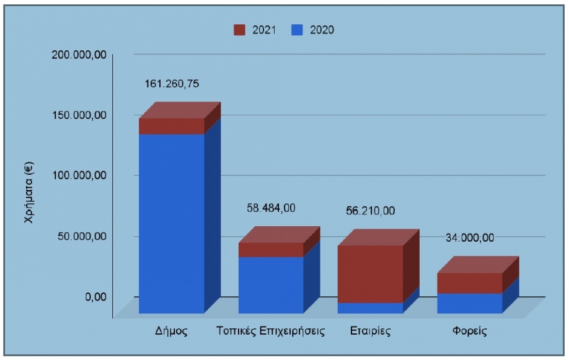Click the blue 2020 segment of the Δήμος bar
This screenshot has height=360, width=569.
coord(171,223)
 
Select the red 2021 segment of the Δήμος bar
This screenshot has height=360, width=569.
coord(171,126)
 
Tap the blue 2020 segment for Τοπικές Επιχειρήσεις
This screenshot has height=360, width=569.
coord(270,284)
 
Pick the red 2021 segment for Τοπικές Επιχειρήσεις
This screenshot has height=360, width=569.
coord(270,249)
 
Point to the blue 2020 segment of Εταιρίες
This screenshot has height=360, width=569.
coord(370,307)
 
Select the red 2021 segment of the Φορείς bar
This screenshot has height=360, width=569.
coord(469,283)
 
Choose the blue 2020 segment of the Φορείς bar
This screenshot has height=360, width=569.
coord(469,303)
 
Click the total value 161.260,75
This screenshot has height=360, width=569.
coord(172,84)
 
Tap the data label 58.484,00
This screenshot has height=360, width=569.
coord(271,208)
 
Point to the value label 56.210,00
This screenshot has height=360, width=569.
coord(370,211)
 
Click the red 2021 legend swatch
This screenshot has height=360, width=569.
coord(239,30)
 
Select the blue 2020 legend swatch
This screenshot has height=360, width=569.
coord(297,30)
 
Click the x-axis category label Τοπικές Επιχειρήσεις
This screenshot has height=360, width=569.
coord(271,330)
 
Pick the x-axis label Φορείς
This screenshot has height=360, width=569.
coord(469,330)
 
